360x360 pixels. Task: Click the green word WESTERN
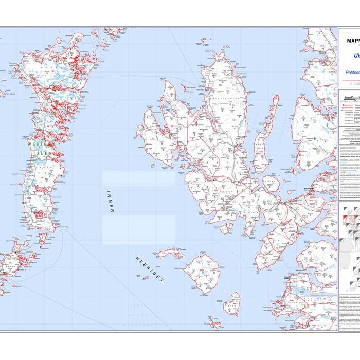[x=38, y=145]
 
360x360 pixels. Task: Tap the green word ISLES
[x=43, y=153]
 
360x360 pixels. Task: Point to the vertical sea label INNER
[x=110, y=201]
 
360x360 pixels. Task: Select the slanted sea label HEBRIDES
[x=149, y=269]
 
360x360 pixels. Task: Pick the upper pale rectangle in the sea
[x=138, y=178]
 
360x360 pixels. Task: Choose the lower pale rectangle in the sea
[x=138, y=229]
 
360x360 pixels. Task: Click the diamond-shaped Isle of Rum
[x=202, y=273]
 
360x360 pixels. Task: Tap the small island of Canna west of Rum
[x=170, y=253]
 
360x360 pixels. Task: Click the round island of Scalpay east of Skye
[x=271, y=183]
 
